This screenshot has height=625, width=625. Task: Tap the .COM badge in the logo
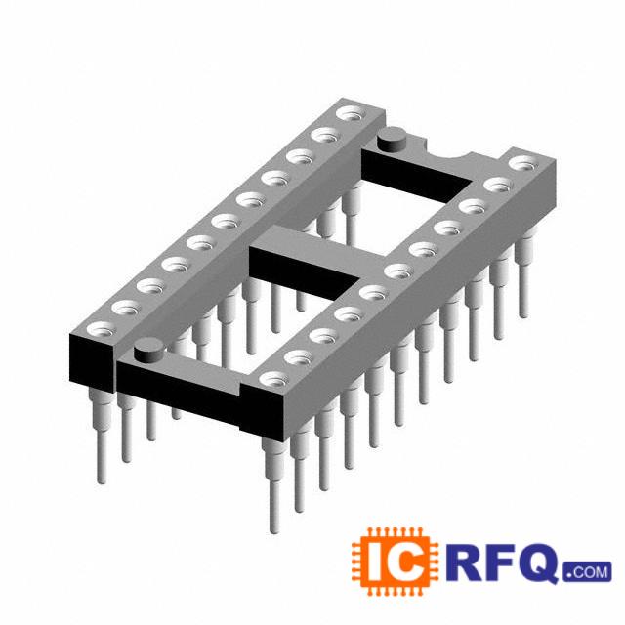(x=588, y=572)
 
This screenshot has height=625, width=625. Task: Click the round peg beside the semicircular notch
(x=392, y=140)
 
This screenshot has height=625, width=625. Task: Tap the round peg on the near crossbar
(x=149, y=350)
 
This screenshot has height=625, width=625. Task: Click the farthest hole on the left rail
(x=351, y=114)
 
